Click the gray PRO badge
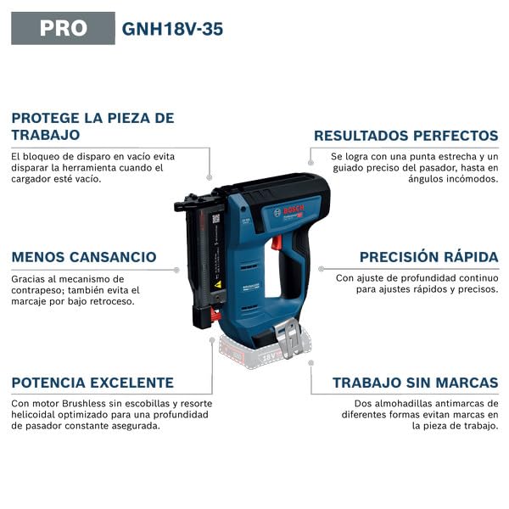63,28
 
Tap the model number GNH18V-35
172,29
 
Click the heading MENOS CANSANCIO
84,257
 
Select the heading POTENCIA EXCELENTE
92,383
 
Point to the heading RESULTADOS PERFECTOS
406,136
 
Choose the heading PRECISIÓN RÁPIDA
428,257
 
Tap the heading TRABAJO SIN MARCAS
416,383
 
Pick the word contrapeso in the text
36,290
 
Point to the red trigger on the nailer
277,243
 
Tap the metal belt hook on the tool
289,338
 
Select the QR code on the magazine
215,219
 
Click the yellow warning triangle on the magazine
218,284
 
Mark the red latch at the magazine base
215,315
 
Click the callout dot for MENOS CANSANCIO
176,270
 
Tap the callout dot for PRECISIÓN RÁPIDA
321,269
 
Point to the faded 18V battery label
269,357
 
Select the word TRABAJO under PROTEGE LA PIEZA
46,135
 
